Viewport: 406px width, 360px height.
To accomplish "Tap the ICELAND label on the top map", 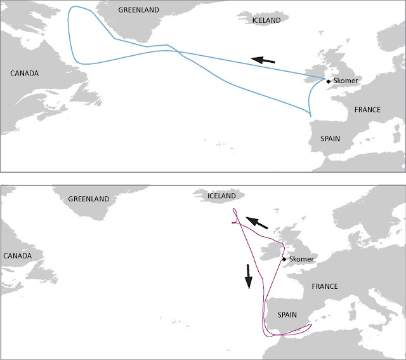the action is [x=266, y=20].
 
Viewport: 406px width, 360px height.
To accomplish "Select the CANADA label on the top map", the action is [x=25, y=74].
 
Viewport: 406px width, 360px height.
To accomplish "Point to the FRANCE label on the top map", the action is [x=367, y=109].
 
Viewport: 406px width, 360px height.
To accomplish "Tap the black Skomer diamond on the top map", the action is [x=328, y=81].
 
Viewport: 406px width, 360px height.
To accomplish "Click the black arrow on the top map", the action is [x=264, y=60].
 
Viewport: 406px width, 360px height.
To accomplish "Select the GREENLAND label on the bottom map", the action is [x=89, y=197].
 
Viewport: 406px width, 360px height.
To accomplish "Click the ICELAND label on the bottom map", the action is [x=219, y=196].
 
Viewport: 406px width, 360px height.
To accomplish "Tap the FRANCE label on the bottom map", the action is [x=325, y=286].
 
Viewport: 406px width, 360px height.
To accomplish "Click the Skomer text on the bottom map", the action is [x=301, y=260].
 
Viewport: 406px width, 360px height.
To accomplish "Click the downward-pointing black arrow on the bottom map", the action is [x=249, y=276].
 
